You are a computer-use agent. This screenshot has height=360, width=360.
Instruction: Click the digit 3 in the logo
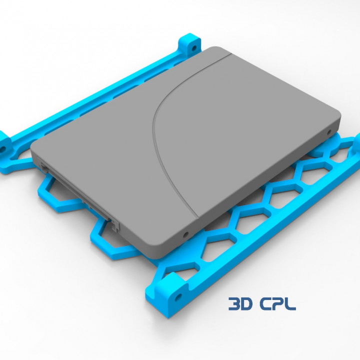point(234,303)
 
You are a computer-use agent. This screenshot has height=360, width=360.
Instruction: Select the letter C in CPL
point(267,303)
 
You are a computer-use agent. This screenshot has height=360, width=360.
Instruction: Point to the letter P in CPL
point(279,303)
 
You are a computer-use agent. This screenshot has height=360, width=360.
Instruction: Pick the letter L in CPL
point(290,303)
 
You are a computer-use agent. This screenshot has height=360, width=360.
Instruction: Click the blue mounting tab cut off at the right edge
point(355,145)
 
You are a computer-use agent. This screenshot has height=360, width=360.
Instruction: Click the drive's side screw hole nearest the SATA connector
point(186,234)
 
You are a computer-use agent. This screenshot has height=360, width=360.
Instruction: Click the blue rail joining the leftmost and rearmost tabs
point(100,95)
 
